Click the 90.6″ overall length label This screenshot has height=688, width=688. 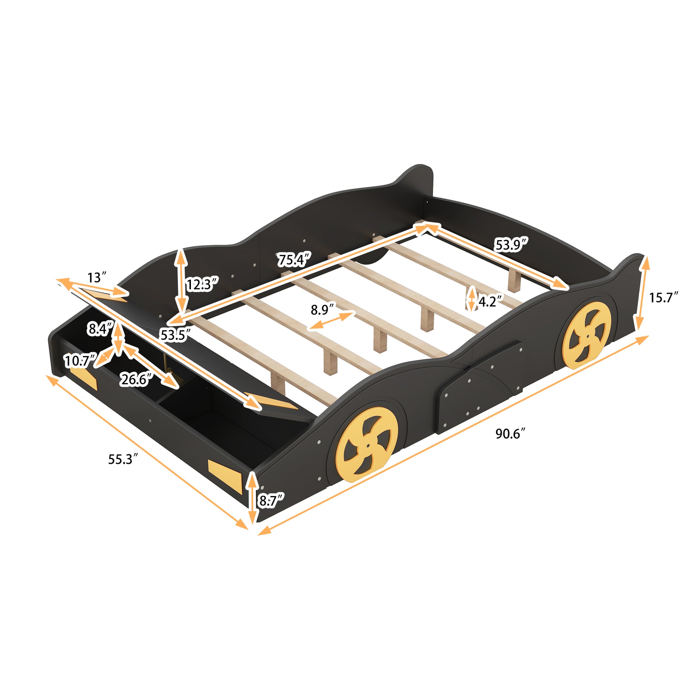[x=510, y=434]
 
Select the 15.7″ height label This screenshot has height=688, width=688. [x=663, y=297]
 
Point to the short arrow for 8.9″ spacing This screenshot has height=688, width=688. [x=332, y=320]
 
